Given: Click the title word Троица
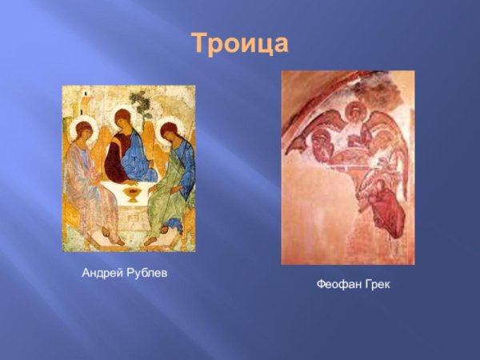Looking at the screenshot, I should point(239,43).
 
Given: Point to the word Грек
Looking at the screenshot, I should point(375,286).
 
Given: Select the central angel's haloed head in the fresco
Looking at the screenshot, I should point(353,112).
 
